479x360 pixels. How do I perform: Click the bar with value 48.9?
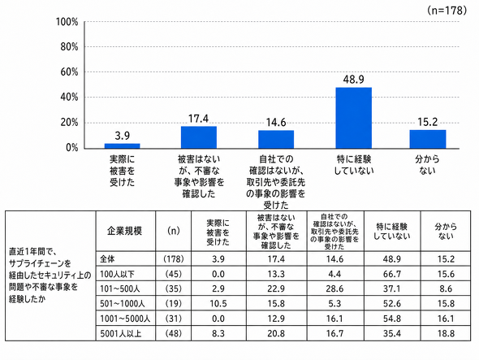tap(353, 118)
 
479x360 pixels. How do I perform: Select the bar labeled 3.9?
tap(123, 146)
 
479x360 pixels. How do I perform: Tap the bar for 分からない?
tap(428, 139)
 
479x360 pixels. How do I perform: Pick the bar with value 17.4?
tap(199, 137)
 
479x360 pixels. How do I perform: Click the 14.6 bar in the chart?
tap(276, 140)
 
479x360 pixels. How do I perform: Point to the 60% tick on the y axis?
tap(67, 72)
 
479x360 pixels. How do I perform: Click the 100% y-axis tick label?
tap(67, 22)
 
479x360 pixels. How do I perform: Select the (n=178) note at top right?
tap(447, 11)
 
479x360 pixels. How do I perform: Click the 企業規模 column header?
tap(124, 231)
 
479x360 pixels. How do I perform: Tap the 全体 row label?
tap(107, 259)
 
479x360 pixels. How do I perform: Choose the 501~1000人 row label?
tap(123, 304)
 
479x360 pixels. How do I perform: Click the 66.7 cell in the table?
tap(392, 274)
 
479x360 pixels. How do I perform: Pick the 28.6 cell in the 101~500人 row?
tap(334, 288)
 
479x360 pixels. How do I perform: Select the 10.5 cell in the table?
tap(218, 304)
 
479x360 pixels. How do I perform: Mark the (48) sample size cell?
tap(174, 333)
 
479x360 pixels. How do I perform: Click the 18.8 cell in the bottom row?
tap(446, 333)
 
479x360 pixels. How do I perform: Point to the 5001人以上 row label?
tap(120, 333)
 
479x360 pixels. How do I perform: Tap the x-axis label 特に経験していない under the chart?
tap(354, 165)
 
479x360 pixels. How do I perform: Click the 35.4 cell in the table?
tap(392, 333)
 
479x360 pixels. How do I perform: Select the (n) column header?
tap(174, 231)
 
